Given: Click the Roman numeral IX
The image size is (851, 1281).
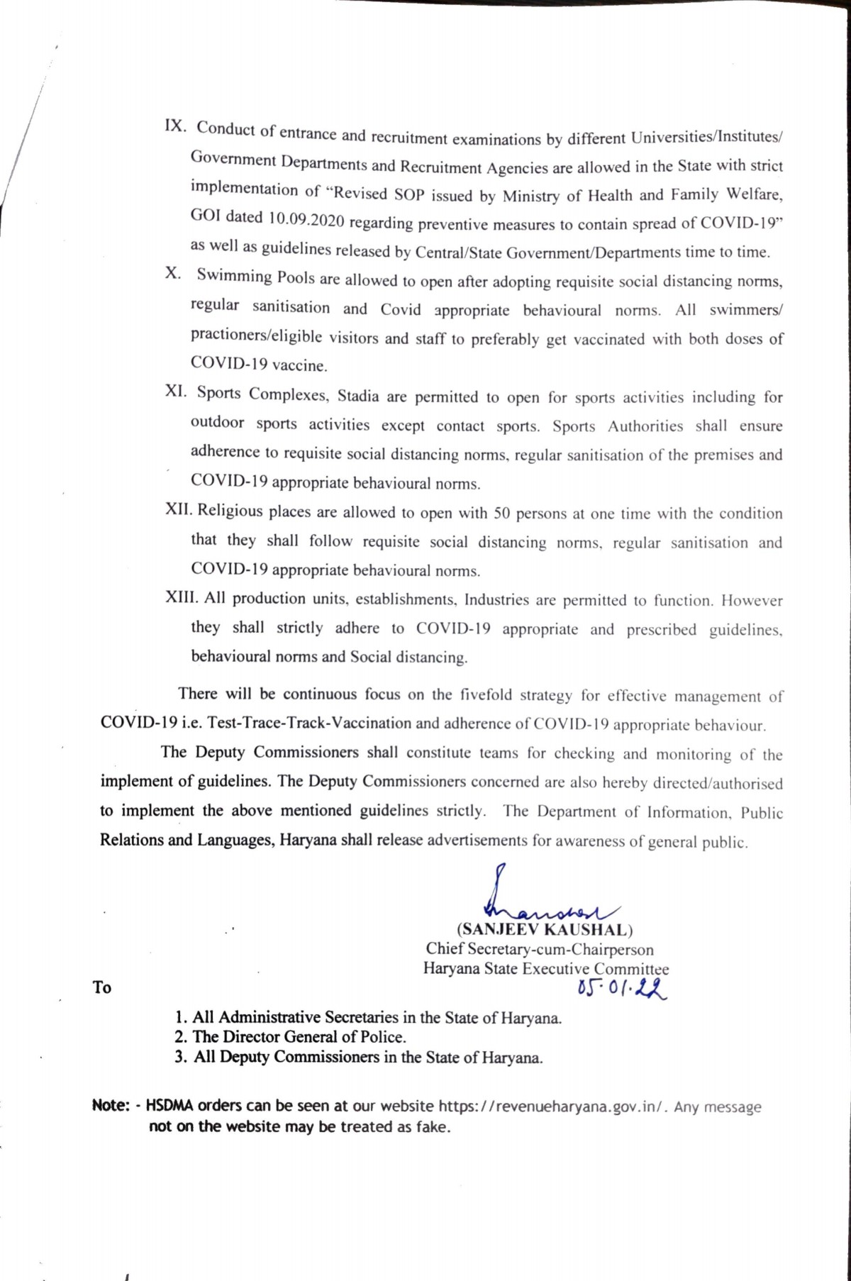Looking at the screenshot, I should point(175,126).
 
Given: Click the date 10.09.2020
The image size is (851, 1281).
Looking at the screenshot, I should point(306,219).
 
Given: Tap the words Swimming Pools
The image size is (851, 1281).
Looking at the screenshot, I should point(255,277).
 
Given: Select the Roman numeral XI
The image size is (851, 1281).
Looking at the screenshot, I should point(175,392).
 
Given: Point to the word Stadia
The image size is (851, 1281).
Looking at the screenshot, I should point(358,396).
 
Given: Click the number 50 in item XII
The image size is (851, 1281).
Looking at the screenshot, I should point(501,513).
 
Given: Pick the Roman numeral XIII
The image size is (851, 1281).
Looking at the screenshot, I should point(182,598).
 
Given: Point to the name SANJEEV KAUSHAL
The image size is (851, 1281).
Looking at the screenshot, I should point(545,930).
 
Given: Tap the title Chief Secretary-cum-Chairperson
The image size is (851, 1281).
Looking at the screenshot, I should point(540,949).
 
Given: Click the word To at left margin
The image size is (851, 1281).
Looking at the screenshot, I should point(102,987).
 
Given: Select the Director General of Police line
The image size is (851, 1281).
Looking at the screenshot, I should point(291,1037).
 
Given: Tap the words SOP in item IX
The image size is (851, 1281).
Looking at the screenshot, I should point(408,194).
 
